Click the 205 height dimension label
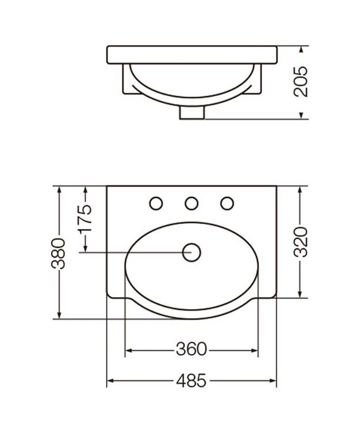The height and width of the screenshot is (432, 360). point(300,81)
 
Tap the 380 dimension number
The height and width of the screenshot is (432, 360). point(59,253)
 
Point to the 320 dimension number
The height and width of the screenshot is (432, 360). point(300,242)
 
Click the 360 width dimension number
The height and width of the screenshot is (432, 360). point(191,349)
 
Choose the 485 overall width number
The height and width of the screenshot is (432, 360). point(191,381)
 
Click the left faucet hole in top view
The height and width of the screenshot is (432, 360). point(156,204)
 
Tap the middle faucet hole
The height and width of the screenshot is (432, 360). point(191,204)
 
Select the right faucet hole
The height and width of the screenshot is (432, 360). point(227,204)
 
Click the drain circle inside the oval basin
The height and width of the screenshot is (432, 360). point(191,252)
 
